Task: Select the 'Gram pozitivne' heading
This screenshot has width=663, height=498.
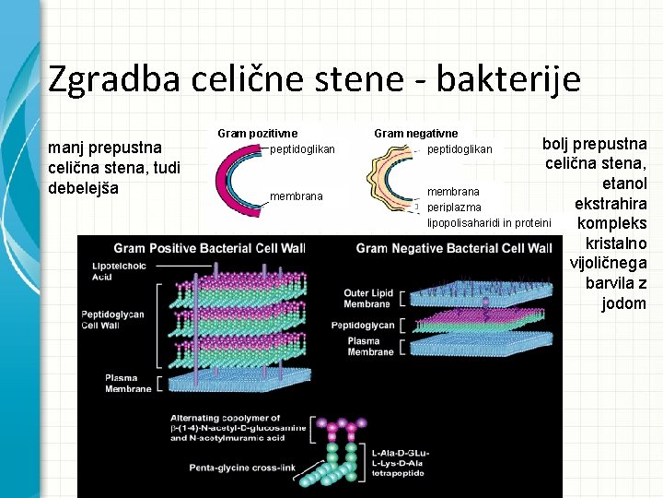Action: click(x=258, y=134)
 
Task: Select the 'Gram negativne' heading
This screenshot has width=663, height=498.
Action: click(x=415, y=134)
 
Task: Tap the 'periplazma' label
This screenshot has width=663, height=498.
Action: click(x=454, y=207)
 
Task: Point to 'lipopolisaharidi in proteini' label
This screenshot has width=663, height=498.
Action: click(x=488, y=223)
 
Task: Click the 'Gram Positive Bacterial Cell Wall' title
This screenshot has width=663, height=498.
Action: click(x=210, y=248)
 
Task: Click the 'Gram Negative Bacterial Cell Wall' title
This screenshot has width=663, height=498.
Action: click(x=454, y=248)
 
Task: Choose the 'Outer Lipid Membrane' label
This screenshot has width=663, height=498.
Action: click(x=368, y=299)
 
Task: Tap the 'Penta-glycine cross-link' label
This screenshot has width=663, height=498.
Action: click(x=243, y=468)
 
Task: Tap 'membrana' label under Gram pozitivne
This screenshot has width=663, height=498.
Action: click(x=296, y=196)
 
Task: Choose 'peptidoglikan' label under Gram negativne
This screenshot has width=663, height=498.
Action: click(x=459, y=149)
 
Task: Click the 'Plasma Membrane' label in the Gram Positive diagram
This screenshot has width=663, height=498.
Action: click(x=128, y=383)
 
